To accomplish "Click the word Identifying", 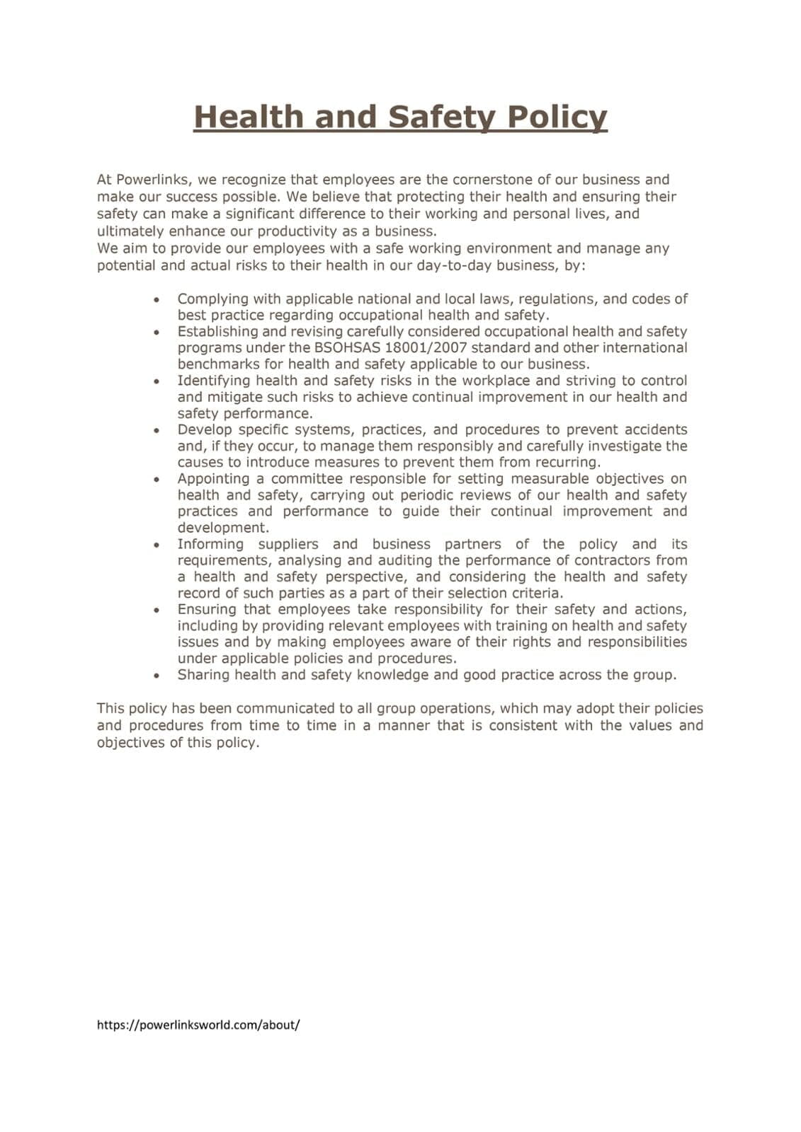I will click(x=212, y=381).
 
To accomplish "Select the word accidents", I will click(x=649, y=429).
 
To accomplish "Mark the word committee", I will click(x=307, y=479).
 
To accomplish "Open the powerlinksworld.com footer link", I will click(x=198, y=1024).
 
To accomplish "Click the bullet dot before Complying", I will click(x=156, y=300).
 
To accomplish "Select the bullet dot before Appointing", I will click(x=156, y=480).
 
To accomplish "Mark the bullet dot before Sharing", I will click(x=156, y=676).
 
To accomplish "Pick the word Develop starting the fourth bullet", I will click(x=204, y=429).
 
